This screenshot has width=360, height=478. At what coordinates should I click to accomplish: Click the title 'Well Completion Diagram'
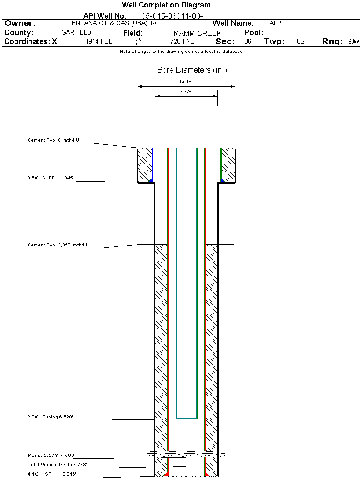tap(166, 5)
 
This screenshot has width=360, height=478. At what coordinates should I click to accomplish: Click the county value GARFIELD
tap(76, 33)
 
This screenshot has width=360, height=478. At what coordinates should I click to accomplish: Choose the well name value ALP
tap(275, 23)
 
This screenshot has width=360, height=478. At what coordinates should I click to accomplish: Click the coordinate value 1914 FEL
tap(99, 41)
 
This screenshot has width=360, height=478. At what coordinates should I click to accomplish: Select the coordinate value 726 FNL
tap(182, 42)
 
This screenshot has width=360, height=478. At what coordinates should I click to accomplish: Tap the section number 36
tap(248, 41)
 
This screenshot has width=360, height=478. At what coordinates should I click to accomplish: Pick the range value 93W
tap(353, 41)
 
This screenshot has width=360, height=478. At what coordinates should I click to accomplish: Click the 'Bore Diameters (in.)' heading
tap(192, 70)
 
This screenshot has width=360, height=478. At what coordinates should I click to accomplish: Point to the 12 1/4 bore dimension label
tap(186, 82)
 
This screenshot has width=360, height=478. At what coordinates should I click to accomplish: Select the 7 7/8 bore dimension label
tap(186, 92)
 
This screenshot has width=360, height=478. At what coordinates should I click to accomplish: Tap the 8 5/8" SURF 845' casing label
tap(51, 178)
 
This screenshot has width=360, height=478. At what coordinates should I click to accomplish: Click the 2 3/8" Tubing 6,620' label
tap(51, 417)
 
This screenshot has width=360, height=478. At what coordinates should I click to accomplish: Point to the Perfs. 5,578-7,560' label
tap(51, 455)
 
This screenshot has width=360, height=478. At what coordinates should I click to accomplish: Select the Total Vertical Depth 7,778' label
tap(58, 464)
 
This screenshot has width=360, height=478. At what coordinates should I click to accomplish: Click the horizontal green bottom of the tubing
tap(186, 418)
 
